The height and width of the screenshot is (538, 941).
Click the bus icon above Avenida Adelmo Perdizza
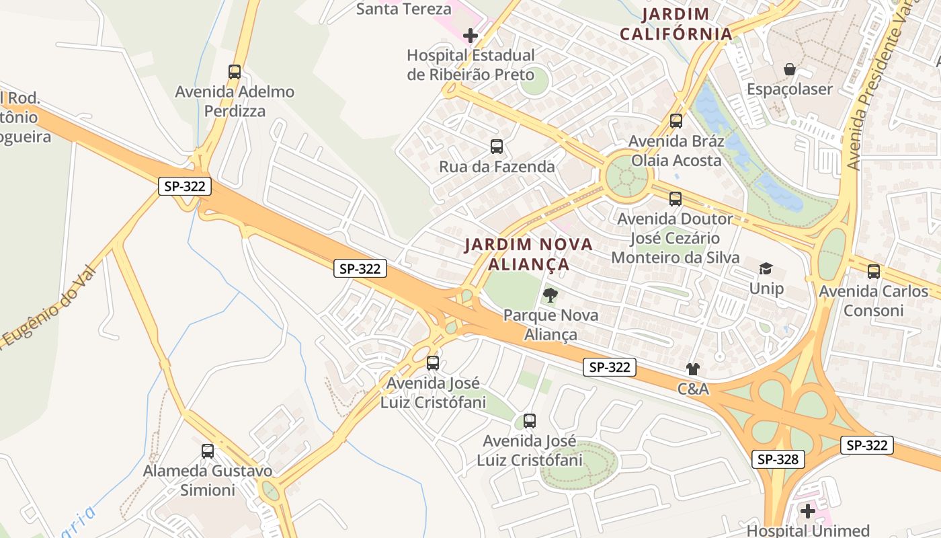pyautogui.click(x=234, y=72)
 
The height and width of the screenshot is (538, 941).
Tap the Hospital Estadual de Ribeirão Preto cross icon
pyautogui.click(x=470, y=36)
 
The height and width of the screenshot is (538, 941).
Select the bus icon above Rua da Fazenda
pyautogui.click(x=497, y=147)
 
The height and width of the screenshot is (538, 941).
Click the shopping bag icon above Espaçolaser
pyautogui.click(x=790, y=69)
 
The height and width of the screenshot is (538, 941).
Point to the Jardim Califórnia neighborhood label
pyautogui.click(x=676, y=24)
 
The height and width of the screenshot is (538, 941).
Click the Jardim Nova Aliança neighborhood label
pyautogui.click(x=528, y=254)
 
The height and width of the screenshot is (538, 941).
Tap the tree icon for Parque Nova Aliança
pyautogui.click(x=550, y=295)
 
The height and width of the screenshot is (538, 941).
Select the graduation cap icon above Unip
pyautogui.click(x=766, y=269)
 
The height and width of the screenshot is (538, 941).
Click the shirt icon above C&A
pyautogui.click(x=693, y=369)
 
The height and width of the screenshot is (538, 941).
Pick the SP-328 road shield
pyautogui.click(x=778, y=459)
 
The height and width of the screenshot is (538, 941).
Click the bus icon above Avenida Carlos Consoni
pyautogui.click(x=873, y=272)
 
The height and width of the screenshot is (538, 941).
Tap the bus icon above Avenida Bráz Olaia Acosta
pyautogui.click(x=676, y=121)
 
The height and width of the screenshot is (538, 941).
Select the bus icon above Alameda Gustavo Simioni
pyautogui.click(x=208, y=451)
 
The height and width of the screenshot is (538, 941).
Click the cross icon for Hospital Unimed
pyautogui.click(x=808, y=512)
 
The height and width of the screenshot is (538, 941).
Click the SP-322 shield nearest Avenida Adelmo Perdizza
pyautogui.click(x=185, y=186)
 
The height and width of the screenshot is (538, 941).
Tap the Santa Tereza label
pyautogui.click(x=403, y=9)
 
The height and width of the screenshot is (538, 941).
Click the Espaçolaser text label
pyautogui.click(x=790, y=89)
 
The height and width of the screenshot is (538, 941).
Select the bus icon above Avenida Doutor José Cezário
pyautogui.click(x=676, y=199)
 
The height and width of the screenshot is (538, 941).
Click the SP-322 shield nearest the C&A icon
pyautogui.click(x=610, y=367)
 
